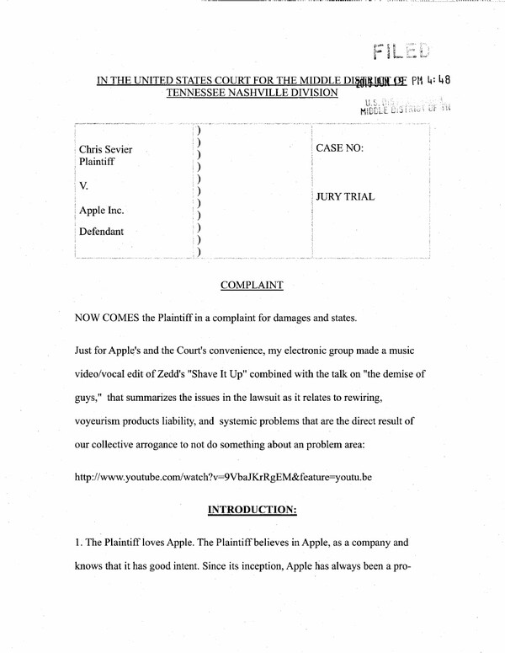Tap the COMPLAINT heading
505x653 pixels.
(x=252, y=286)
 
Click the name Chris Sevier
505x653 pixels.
(x=104, y=149)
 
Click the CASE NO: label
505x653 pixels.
(x=339, y=147)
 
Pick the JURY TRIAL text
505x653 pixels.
(x=345, y=197)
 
